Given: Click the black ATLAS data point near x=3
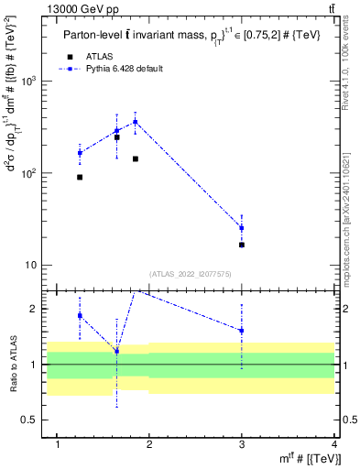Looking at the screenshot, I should (242, 245).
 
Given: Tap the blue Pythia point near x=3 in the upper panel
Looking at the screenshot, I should (242, 228).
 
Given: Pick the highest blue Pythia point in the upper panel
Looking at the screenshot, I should (136, 122).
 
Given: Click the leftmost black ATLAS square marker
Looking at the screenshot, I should (80, 177).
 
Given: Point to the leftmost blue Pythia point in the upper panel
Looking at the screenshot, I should (80, 153).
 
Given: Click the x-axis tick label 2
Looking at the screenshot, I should (150, 444).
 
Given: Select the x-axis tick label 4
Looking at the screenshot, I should (334, 444).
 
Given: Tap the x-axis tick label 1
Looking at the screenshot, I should (58, 444).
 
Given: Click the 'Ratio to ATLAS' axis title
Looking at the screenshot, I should (13, 365).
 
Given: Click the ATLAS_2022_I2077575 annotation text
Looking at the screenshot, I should (190, 274).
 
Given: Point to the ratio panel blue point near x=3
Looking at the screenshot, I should (242, 331).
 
